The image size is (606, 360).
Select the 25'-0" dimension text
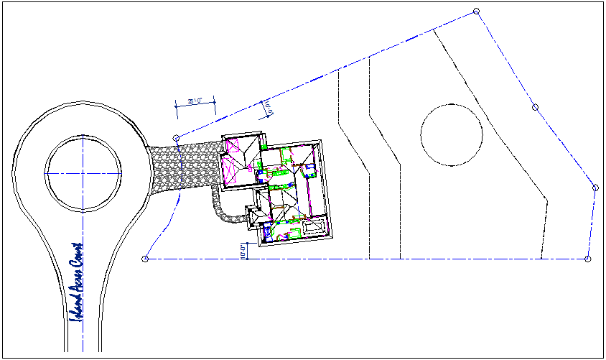(194, 102)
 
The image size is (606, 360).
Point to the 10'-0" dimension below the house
(243, 251)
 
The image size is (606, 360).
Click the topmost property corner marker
(476, 11)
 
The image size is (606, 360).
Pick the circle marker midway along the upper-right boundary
(535, 107)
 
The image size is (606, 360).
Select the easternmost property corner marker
(595, 188)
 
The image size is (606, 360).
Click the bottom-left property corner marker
(145, 259)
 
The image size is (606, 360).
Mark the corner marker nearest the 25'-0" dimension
(176, 137)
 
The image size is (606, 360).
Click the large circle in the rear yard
(451, 134)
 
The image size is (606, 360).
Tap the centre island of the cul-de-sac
(83, 172)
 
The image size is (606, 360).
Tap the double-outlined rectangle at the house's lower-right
(314, 228)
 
